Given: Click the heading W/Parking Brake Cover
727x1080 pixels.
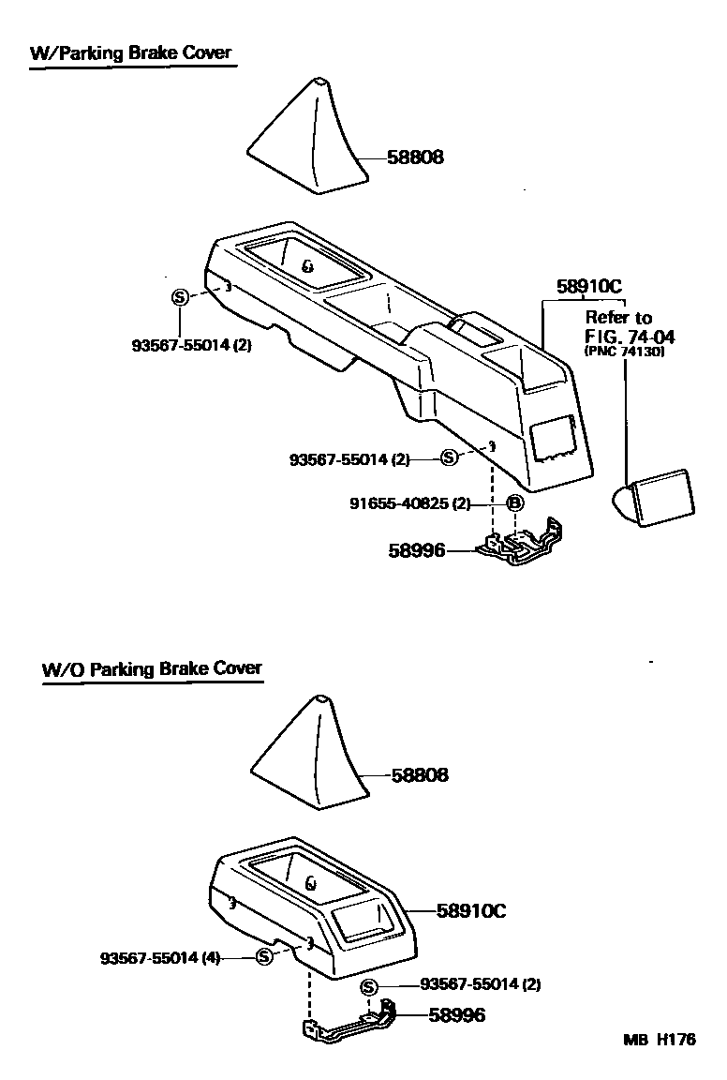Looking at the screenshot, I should pyautogui.click(x=130, y=52).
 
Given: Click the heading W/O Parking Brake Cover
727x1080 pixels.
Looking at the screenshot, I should pyautogui.click(x=152, y=669).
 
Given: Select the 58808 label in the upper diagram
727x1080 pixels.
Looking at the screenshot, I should pyautogui.click(x=415, y=158).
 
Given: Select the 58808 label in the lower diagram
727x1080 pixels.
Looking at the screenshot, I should pyautogui.click(x=419, y=775).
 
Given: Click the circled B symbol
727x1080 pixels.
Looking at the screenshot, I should pyautogui.click(x=514, y=503).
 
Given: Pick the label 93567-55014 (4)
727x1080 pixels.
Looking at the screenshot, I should pyautogui.click(x=160, y=957).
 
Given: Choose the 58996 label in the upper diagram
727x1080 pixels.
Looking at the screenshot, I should pyautogui.click(x=417, y=550).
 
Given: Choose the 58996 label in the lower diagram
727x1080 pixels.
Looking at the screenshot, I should pyautogui.click(x=457, y=1014).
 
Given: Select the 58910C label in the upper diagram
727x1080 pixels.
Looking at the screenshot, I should pyautogui.click(x=589, y=287).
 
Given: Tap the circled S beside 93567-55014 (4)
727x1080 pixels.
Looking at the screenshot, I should pyautogui.click(x=264, y=956).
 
